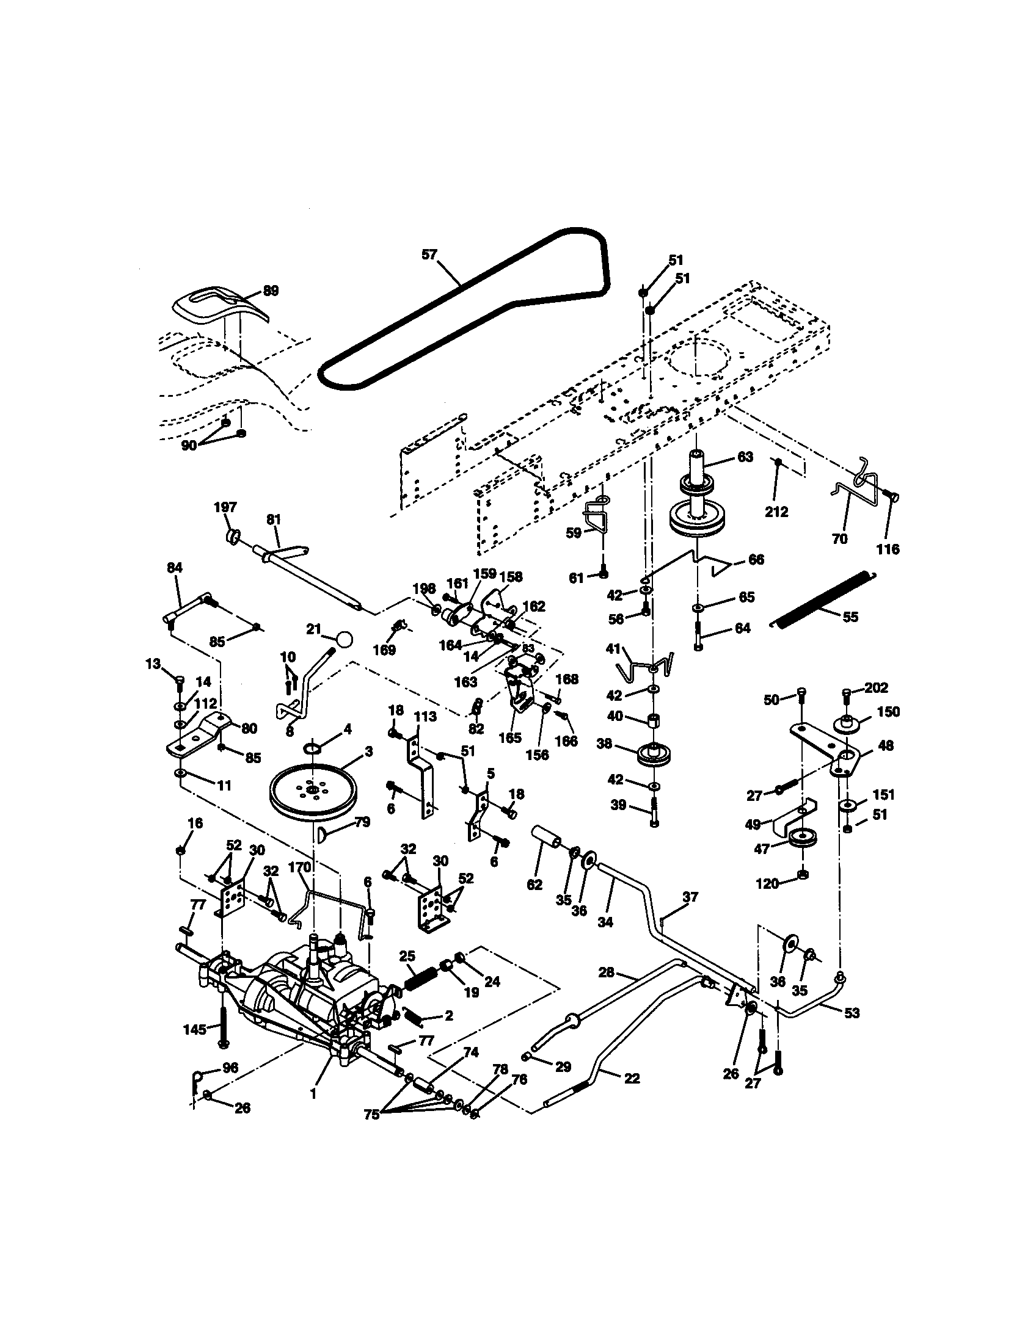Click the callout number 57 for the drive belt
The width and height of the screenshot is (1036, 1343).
(x=429, y=254)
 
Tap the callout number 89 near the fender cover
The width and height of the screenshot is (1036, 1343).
(x=271, y=290)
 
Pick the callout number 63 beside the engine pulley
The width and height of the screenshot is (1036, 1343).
(x=745, y=457)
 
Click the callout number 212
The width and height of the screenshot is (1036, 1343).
(x=776, y=512)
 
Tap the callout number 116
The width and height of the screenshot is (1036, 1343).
(x=888, y=549)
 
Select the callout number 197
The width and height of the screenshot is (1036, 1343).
(x=225, y=507)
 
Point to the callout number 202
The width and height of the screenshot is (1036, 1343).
(x=875, y=687)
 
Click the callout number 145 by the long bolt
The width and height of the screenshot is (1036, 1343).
(x=195, y=1029)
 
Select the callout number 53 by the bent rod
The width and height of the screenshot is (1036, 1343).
(x=851, y=1013)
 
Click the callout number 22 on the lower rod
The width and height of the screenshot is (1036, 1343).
(x=632, y=1078)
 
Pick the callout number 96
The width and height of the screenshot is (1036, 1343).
(x=230, y=1068)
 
